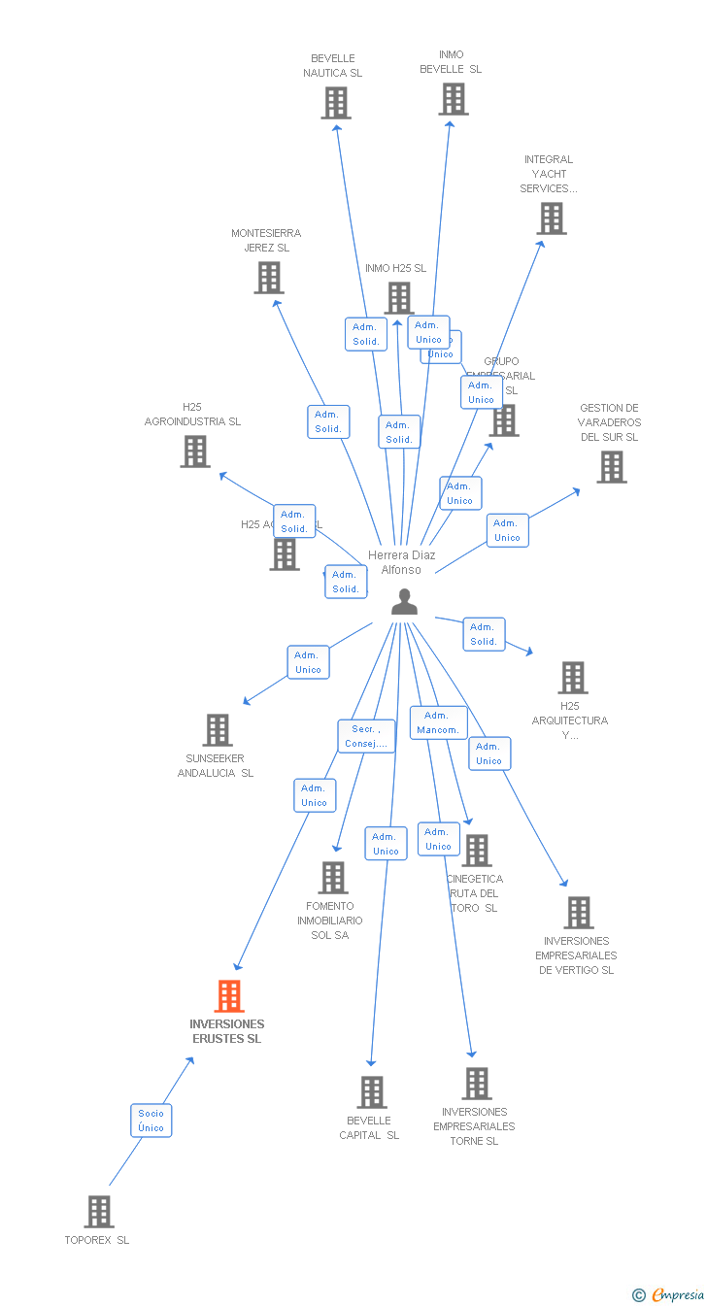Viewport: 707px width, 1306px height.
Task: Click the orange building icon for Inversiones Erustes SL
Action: coord(229,996)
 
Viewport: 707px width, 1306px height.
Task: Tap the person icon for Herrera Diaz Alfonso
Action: coord(404,602)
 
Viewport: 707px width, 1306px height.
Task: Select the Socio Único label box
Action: coord(151,1121)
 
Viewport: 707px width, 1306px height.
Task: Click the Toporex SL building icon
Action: coord(99,1212)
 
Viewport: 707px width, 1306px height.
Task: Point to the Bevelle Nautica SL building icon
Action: coord(336,103)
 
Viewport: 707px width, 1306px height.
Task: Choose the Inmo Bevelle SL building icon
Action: coord(454,99)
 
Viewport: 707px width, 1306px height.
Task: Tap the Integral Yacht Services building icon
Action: coord(553,218)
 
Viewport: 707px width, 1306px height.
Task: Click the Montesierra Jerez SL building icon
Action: coord(269,278)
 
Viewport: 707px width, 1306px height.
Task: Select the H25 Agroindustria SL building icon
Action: coord(195,452)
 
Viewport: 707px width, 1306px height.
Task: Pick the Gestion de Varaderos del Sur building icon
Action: coord(612,467)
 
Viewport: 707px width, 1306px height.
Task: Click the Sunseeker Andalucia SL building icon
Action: coord(218,730)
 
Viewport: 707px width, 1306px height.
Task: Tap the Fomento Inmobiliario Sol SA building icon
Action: coord(333,878)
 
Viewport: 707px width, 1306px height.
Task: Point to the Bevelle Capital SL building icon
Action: coord(372,1092)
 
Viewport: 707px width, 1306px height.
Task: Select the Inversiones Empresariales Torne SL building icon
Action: coord(477,1084)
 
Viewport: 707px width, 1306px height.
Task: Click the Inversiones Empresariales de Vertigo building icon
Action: coord(579,913)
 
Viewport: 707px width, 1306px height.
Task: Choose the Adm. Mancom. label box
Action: coord(438,722)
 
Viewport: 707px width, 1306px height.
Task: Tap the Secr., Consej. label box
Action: coord(366,736)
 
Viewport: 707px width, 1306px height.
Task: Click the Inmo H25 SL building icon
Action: coord(399,297)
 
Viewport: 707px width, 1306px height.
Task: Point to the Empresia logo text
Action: coord(678,1294)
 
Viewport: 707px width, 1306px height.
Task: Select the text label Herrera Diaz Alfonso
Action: coord(401,562)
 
